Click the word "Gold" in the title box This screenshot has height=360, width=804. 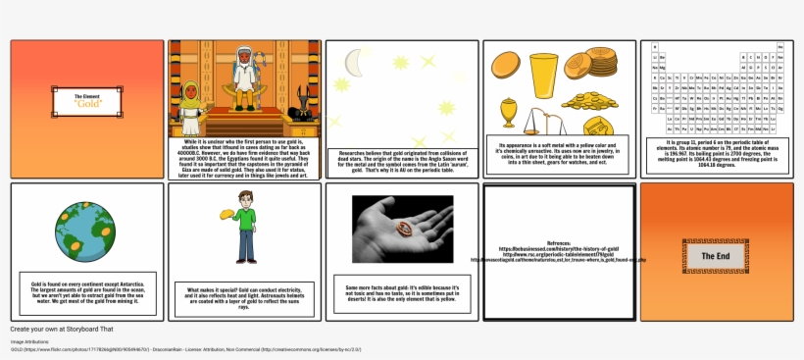(87, 102)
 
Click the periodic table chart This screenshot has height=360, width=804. (716, 87)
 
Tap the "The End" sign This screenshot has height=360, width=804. (715, 255)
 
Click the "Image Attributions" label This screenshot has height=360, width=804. (30, 341)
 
